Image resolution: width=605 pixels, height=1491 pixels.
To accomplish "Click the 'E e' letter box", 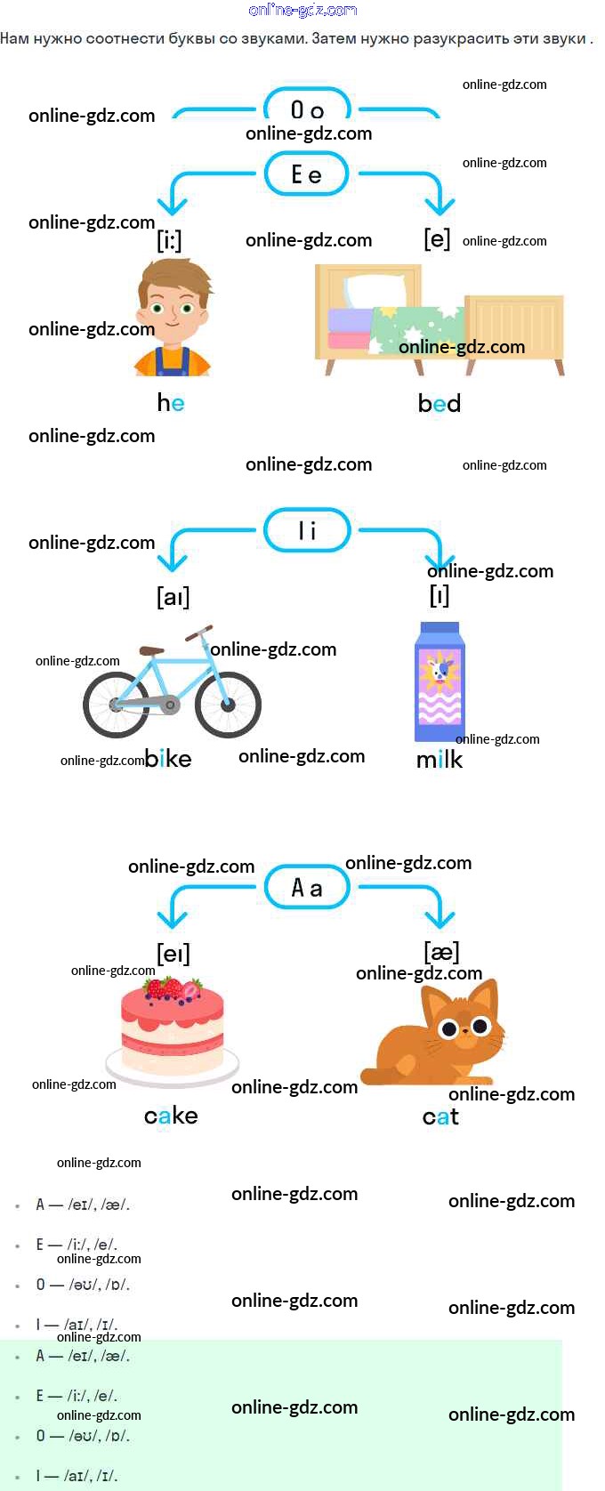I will pyautogui.click(x=307, y=174).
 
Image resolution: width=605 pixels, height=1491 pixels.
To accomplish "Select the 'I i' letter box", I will pyautogui.click(x=307, y=531).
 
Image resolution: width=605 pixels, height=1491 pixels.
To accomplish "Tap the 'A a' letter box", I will pyautogui.click(x=307, y=888).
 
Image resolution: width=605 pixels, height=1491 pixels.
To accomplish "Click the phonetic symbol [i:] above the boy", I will pyautogui.click(x=170, y=240).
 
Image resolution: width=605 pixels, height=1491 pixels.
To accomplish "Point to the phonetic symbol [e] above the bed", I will pyautogui.click(x=437, y=239).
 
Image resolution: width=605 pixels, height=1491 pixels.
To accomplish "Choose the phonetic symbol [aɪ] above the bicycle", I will pyautogui.click(x=173, y=596).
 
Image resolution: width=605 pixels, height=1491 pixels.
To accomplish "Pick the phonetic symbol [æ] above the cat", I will pyautogui.click(x=441, y=952).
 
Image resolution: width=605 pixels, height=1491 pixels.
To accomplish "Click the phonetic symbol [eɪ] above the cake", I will pyautogui.click(x=173, y=954).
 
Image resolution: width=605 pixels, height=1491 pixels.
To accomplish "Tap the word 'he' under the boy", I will pyautogui.click(x=171, y=403).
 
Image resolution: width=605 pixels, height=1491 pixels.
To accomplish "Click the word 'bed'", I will pyautogui.click(x=440, y=404).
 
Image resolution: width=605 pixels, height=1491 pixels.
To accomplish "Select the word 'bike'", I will pyautogui.click(x=168, y=759).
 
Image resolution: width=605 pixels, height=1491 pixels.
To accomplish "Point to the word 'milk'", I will pyautogui.click(x=440, y=760).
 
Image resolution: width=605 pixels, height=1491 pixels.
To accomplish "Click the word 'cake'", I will pyautogui.click(x=171, y=1116).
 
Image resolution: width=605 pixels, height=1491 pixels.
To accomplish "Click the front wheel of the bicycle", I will pyautogui.click(x=228, y=704).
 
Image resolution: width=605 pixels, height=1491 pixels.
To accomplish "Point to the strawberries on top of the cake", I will pyautogui.click(x=173, y=988).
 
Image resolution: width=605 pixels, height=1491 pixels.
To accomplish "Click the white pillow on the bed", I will pyautogui.click(x=375, y=290).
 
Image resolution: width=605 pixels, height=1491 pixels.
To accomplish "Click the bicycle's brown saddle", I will pyautogui.click(x=152, y=651).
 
